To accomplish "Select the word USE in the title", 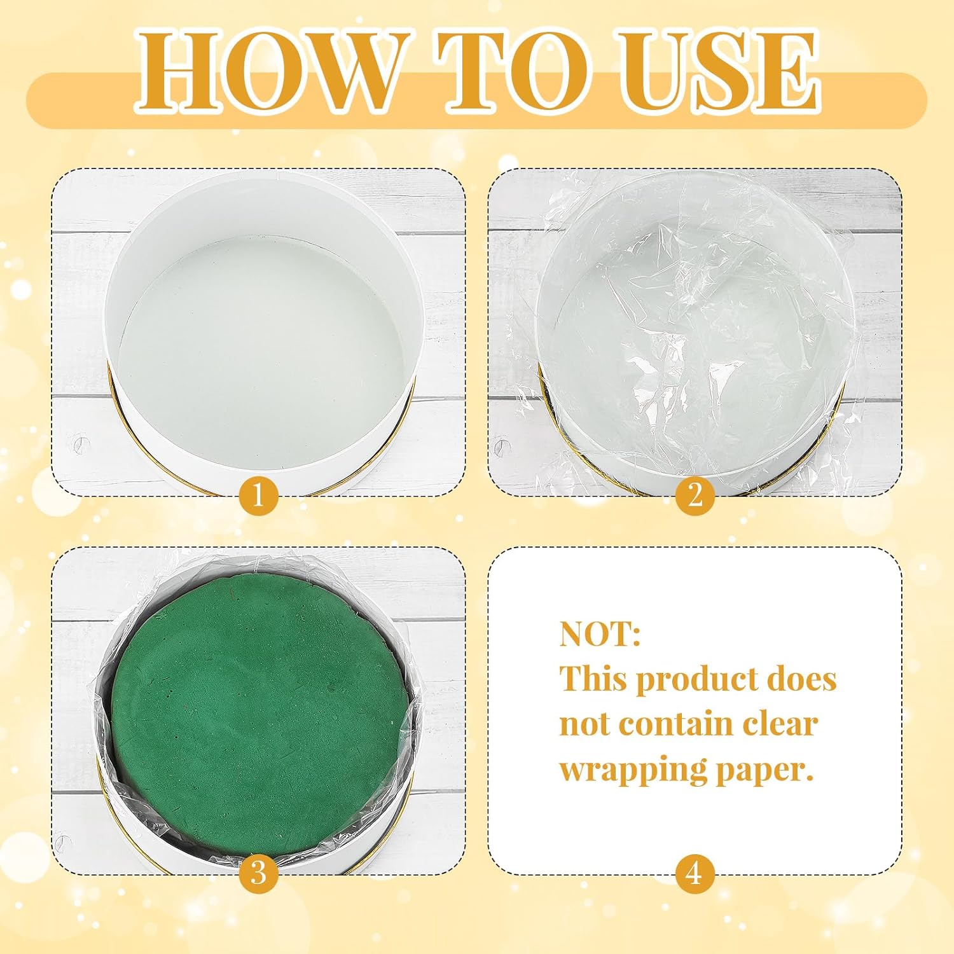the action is pos(719,71).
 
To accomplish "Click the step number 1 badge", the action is pos(258,495).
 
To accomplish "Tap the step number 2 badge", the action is pos(695,495).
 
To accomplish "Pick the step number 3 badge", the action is pos(258,873).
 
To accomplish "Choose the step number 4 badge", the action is pos(695,873).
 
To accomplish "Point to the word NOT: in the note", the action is pos(600,634).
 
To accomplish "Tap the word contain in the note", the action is pos(676,724).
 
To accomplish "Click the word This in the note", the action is pos(593,679).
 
